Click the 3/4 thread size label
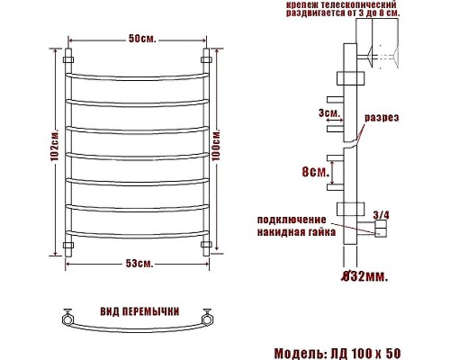click(381, 213)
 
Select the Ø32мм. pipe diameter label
click(365, 276)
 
